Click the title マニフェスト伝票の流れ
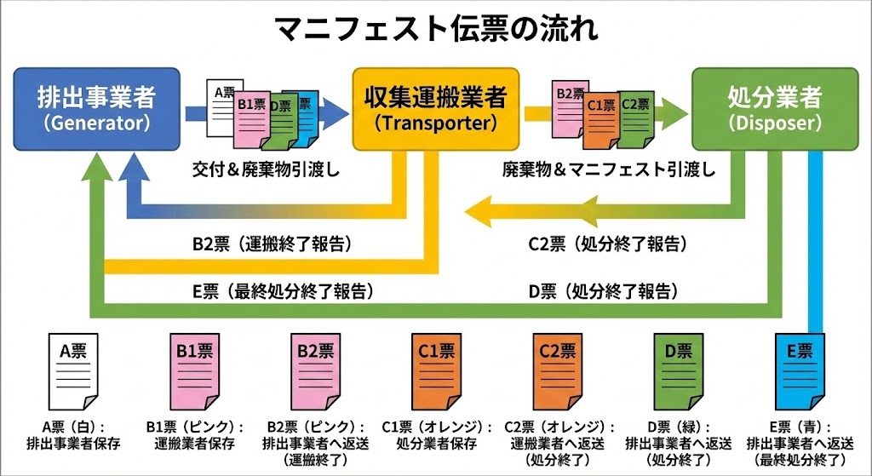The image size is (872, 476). point(436,28)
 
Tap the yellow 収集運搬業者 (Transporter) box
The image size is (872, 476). point(435,107)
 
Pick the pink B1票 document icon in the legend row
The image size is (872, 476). point(194,375)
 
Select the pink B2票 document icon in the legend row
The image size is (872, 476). point(316,375)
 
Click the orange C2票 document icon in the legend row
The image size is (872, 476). point(557,375)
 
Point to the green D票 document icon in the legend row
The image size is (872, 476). point(679,375)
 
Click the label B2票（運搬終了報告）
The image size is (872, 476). point(272,244)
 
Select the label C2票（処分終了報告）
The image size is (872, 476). point(605,244)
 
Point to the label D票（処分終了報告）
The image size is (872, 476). point(603,291)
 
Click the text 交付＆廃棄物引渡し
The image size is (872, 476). point(266,169)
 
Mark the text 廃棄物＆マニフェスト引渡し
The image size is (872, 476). point(608,169)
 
